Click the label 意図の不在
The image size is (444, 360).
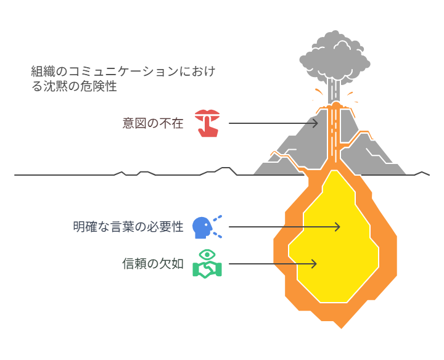pos(153,123)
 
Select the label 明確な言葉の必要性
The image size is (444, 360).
pos(128,227)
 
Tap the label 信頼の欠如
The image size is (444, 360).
pos(153,264)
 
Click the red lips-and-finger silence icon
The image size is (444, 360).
pos(207,122)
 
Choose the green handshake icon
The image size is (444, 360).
pos(207,269)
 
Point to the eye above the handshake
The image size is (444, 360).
pos(207,255)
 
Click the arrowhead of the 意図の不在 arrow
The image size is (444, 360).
pos(316,123)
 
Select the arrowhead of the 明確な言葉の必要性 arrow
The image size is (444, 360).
pos(337,227)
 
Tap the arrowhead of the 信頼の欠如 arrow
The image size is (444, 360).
pos(314,264)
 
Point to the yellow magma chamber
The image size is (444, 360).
pos(333,240)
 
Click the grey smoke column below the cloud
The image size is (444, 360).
pos(334,92)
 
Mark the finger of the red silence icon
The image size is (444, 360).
pos(207,128)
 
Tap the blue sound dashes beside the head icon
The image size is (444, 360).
pos(217,226)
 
